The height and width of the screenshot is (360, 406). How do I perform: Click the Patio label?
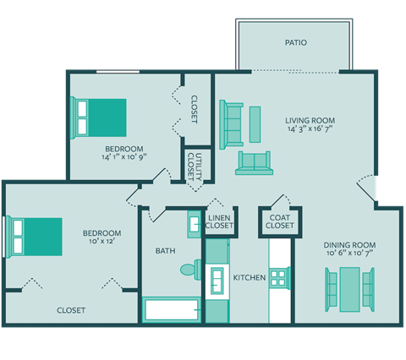pyautogui.click(x=295, y=42)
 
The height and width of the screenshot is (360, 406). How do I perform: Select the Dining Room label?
pyautogui.click(x=349, y=245)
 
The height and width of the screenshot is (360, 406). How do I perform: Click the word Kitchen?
pyautogui.click(x=250, y=277)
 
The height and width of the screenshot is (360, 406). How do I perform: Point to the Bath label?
pyautogui.click(x=165, y=251)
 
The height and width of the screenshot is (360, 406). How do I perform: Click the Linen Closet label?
pyautogui.click(x=220, y=222)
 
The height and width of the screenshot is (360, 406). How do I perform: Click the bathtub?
pyautogui.click(x=173, y=309)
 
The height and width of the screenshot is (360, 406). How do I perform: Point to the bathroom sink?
pyautogui.click(x=194, y=226)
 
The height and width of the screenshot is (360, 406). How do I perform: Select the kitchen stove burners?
pyautogui.click(x=279, y=278)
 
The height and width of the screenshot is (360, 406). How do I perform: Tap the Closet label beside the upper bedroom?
pyautogui.click(x=195, y=109)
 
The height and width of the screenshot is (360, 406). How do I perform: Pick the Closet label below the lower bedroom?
pyautogui.click(x=71, y=310)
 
